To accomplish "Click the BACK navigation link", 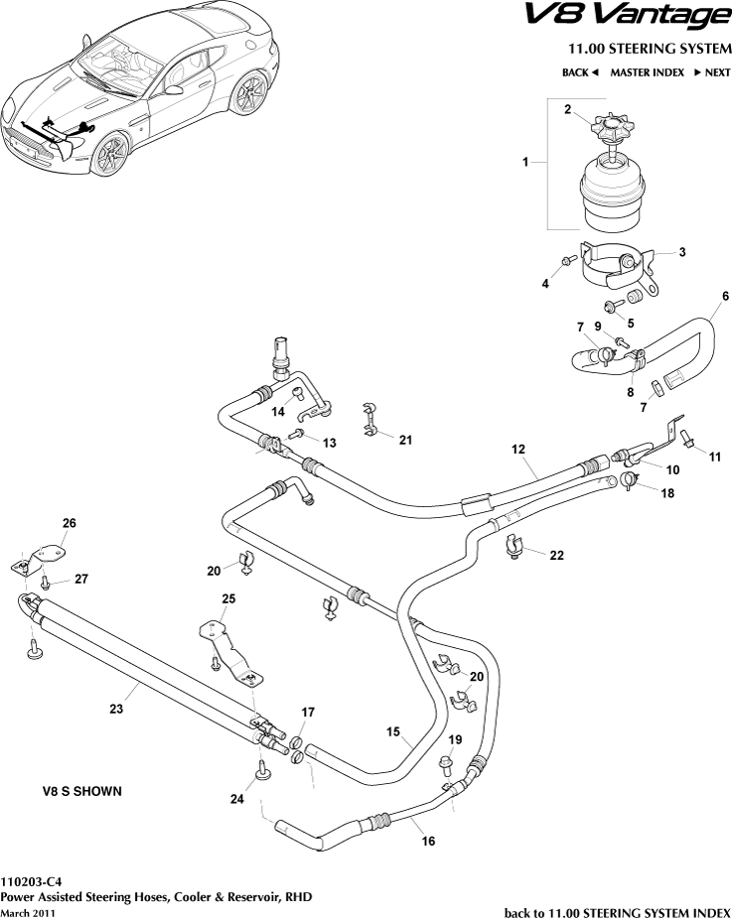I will (x=581, y=73).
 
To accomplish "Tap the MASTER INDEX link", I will (x=647, y=73).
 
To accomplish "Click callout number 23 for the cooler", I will (x=116, y=709).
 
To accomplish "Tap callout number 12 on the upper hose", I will (x=517, y=450).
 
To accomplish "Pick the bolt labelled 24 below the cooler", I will (x=263, y=770).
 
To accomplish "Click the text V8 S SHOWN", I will (x=81, y=791).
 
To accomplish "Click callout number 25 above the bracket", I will (x=228, y=599).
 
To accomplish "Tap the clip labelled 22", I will (x=516, y=546).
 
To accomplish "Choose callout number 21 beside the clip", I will (x=405, y=440).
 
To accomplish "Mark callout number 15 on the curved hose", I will (x=393, y=733).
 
